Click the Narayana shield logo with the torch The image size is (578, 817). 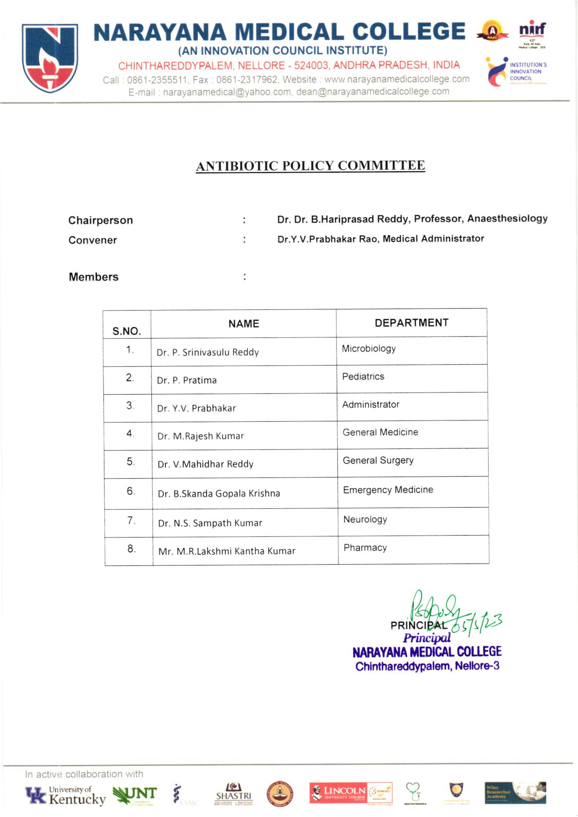pyautogui.click(x=50, y=58)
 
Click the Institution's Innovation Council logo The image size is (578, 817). pyautogui.click(x=516, y=72)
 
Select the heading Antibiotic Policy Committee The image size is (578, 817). pyautogui.click(x=310, y=166)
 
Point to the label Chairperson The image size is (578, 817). pyautogui.click(x=100, y=220)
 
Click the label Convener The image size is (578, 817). pyautogui.click(x=92, y=240)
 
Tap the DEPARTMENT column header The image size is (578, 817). pyautogui.click(x=411, y=323)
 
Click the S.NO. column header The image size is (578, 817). pyautogui.click(x=127, y=331)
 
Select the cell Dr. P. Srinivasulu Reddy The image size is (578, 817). pyautogui.click(x=208, y=352)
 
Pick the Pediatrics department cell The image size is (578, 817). pyautogui.click(x=363, y=377)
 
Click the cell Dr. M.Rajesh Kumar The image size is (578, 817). pyautogui.click(x=201, y=436)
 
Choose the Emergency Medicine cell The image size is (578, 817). pyautogui.click(x=388, y=490)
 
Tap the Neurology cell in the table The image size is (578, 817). pyautogui.click(x=365, y=519)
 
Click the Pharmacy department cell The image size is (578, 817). pyautogui.click(x=365, y=547)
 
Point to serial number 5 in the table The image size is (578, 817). pyautogui.click(x=130, y=461)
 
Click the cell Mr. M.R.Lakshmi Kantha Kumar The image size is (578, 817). pyautogui.click(x=227, y=551)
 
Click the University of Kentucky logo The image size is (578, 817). pyautogui.click(x=65, y=796)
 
